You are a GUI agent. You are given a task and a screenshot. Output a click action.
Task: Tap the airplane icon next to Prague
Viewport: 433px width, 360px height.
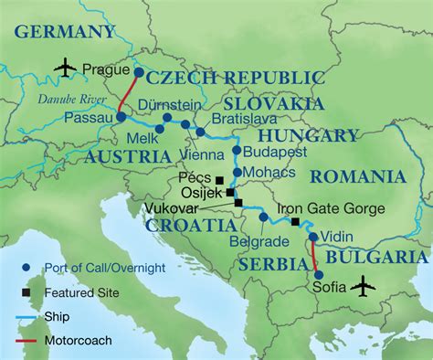[x=64, y=67]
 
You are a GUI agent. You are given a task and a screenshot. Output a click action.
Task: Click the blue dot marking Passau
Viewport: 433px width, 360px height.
[x=121, y=117]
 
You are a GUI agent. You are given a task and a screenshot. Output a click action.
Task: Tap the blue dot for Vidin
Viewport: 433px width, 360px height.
[x=313, y=237]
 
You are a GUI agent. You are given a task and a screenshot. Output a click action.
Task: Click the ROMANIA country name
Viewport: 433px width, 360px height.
[x=356, y=176]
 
